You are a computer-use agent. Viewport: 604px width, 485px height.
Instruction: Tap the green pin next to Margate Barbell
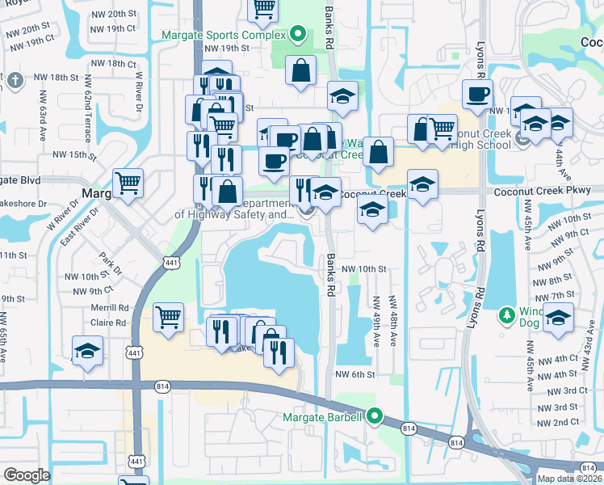(375, 417)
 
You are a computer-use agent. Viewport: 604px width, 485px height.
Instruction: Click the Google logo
(27, 475)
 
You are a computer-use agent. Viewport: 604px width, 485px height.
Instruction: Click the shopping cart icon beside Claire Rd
(167, 316)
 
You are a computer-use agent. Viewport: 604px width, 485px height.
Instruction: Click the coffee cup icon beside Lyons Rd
(476, 93)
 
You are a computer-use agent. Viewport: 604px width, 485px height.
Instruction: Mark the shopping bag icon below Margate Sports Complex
(300, 70)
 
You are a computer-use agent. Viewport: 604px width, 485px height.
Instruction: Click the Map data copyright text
(570, 478)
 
